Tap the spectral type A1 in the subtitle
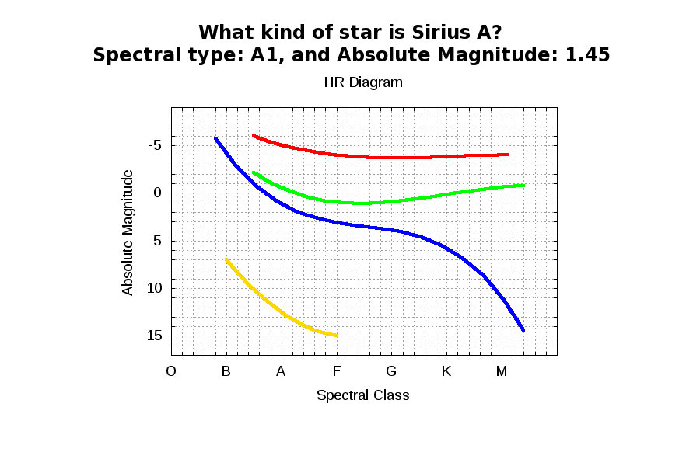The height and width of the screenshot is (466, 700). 265,55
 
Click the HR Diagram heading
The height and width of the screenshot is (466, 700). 363,82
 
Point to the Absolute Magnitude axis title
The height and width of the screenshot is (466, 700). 128,232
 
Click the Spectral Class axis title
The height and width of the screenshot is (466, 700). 362,395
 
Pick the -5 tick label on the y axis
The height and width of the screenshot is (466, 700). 152,145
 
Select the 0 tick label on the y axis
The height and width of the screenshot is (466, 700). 156,193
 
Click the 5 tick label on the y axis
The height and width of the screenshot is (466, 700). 156,241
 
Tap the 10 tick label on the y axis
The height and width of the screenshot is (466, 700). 153,288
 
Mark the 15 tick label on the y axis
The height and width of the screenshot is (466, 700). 153,336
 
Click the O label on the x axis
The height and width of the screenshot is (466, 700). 171,371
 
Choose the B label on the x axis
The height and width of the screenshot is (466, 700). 226,371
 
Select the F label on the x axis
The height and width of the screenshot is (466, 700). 336,371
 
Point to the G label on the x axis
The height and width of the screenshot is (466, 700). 391,371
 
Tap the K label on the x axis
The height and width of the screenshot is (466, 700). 446,371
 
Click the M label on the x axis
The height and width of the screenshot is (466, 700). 502,371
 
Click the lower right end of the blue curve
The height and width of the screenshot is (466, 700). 523,330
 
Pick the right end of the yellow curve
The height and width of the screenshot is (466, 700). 337,336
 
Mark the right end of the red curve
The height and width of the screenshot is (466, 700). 507,155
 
